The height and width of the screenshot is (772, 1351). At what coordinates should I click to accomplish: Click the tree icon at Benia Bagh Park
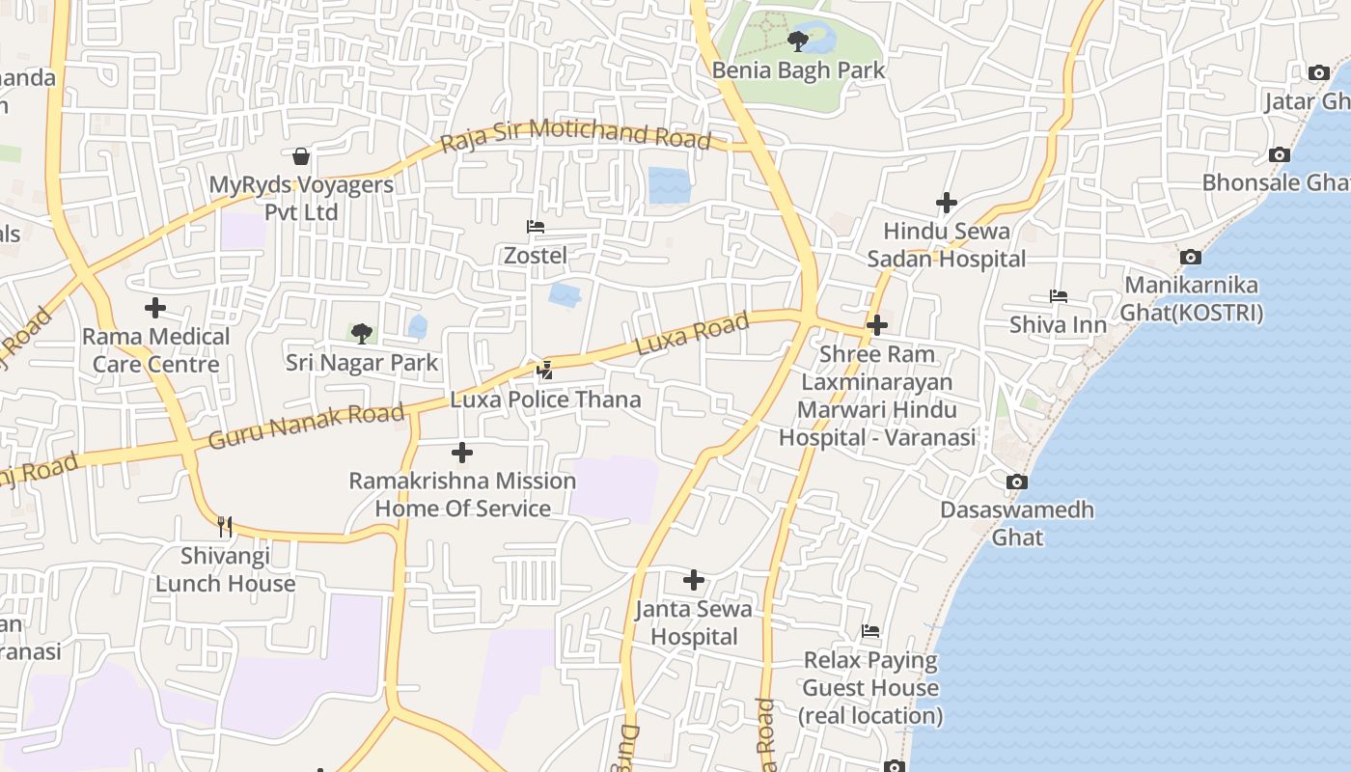(x=797, y=41)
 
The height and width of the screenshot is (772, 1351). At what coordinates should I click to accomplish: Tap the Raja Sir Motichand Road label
(x=575, y=135)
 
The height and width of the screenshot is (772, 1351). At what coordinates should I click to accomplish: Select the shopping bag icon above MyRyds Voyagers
(x=301, y=156)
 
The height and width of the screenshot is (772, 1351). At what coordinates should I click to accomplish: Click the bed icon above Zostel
(x=536, y=227)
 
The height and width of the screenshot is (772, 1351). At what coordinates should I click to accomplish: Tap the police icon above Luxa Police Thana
(x=545, y=370)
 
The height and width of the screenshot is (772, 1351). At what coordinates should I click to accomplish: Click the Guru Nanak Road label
(x=306, y=427)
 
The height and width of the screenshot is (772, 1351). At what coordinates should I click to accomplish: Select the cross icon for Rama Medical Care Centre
(x=154, y=309)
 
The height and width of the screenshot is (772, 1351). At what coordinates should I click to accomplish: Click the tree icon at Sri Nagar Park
(x=362, y=334)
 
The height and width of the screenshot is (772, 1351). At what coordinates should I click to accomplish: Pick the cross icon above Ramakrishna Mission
(x=462, y=452)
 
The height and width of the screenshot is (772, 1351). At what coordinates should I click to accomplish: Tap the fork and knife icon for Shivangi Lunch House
(x=225, y=526)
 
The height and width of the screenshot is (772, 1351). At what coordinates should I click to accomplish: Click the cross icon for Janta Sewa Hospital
(x=693, y=580)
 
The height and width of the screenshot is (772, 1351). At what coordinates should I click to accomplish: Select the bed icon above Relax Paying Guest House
(x=870, y=632)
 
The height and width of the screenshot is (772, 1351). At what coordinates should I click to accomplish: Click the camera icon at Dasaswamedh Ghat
(x=1016, y=482)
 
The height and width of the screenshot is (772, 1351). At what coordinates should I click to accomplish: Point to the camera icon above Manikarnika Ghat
(x=1191, y=257)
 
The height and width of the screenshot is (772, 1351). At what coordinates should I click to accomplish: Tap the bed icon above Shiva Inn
(x=1059, y=296)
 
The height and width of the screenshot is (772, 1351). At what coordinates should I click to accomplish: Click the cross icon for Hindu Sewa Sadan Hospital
(x=946, y=203)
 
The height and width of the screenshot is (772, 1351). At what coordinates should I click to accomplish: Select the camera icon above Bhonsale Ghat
(x=1280, y=155)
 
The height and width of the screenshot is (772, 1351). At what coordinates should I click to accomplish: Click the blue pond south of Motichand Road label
(x=670, y=184)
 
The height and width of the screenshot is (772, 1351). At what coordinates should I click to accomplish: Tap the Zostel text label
(x=536, y=256)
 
